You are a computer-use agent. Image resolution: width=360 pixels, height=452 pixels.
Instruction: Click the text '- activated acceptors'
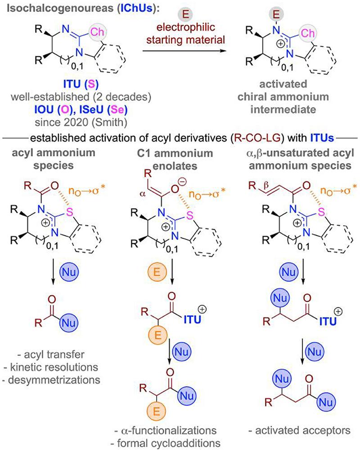[x=298, y=430]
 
